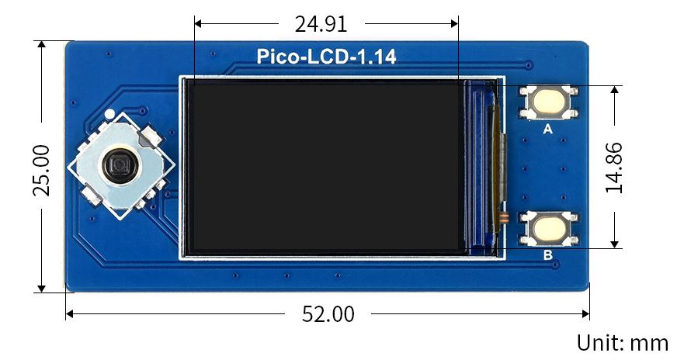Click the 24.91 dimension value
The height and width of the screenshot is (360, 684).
click(x=320, y=24)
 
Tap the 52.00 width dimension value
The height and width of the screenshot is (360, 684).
click(x=328, y=314)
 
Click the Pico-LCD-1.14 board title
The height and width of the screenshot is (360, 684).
click(x=326, y=57)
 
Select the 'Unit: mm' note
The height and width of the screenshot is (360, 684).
click(x=622, y=342)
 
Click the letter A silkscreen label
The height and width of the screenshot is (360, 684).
click(x=547, y=130)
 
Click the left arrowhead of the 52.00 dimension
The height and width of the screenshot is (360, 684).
click(x=70, y=314)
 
